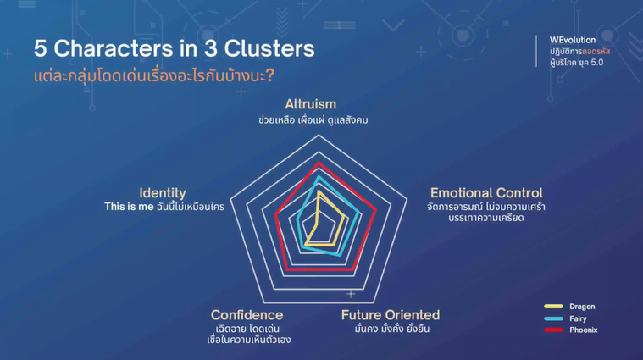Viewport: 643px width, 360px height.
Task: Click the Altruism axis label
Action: (x=310, y=104)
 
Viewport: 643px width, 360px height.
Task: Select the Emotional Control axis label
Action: (x=486, y=193)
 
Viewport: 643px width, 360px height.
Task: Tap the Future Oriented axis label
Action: (x=391, y=315)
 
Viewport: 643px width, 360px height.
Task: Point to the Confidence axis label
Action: (x=247, y=315)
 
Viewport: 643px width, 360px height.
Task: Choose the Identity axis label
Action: (x=163, y=193)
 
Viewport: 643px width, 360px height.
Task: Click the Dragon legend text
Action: (x=582, y=307)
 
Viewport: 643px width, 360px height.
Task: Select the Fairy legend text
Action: (x=578, y=318)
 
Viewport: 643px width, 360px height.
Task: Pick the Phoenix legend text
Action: (x=583, y=330)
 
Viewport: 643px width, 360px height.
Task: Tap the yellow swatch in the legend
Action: (x=553, y=307)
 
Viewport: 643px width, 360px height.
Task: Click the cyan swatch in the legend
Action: (x=553, y=318)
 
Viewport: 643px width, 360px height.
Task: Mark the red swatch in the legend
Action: (x=553, y=330)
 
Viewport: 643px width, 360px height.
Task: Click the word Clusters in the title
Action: (x=269, y=48)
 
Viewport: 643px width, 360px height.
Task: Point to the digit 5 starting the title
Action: (x=40, y=48)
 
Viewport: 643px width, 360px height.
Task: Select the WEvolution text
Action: (x=573, y=40)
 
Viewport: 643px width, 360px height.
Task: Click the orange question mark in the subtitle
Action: (x=270, y=75)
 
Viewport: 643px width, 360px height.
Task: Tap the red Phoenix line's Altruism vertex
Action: (x=319, y=163)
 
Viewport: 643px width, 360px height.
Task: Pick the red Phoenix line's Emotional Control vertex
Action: (x=375, y=211)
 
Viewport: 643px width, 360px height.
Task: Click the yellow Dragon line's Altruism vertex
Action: (x=319, y=191)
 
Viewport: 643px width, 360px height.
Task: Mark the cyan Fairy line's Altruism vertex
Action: (x=319, y=177)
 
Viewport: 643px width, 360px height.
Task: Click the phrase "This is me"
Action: (x=129, y=206)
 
